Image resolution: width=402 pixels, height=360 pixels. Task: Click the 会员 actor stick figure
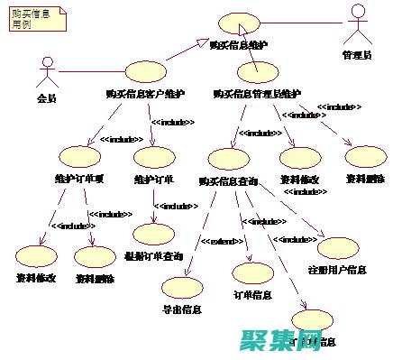coord(46,74)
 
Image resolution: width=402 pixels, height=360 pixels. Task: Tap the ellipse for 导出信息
coord(182,288)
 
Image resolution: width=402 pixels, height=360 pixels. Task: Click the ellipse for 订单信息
coord(252,272)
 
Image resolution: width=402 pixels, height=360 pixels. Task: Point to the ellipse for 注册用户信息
coord(337,249)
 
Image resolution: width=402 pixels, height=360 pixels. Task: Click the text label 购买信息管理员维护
coord(257,93)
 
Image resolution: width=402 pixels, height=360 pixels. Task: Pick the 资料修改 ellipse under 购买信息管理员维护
coord(299,158)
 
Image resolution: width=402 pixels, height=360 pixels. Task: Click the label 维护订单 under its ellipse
coord(153,178)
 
